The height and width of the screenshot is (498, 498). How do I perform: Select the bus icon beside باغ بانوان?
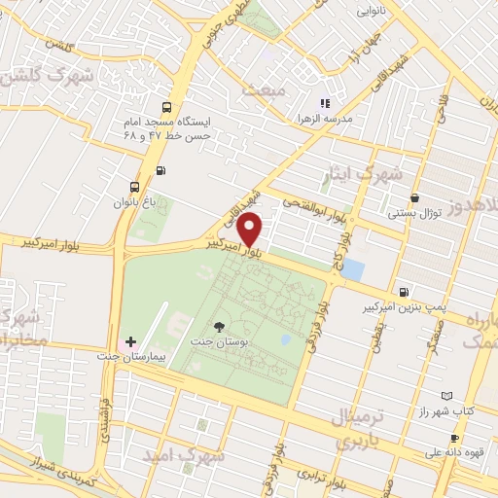pyautogui.click(x=134, y=187)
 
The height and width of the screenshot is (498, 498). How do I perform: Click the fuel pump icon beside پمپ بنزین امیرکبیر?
pyautogui.click(x=403, y=291)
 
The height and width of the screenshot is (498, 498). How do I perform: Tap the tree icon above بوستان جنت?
pyautogui.click(x=218, y=328)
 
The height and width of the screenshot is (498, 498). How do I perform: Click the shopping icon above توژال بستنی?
pyautogui.click(x=415, y=197)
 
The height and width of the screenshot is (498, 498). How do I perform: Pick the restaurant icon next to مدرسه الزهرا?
pyautogui.click(x=325, y=103)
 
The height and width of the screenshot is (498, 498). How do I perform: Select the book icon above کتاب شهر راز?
pyautogui.click(x=446, y=396)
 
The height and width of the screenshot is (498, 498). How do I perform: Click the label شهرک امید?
pyautogui.click(x=183, y=455)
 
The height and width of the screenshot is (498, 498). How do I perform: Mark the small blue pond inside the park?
pyautogui.click(x=285, y=339)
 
